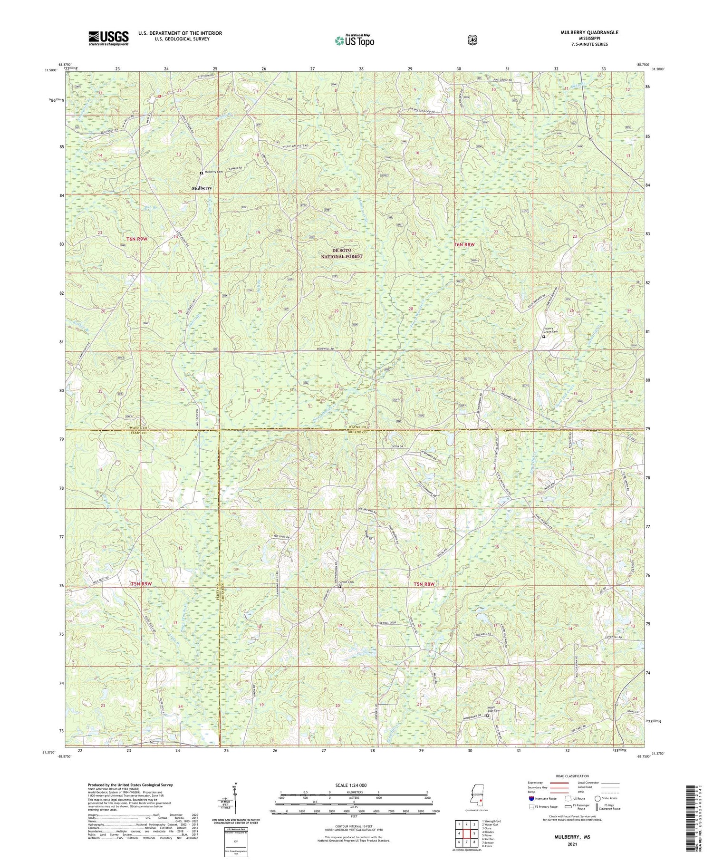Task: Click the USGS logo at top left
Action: coord(108,38)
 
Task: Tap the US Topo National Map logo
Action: coord(354,40)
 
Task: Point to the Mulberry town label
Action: coord(202,188)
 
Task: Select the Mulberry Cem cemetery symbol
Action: coord(201,173)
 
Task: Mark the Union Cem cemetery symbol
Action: coord(339,587)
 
